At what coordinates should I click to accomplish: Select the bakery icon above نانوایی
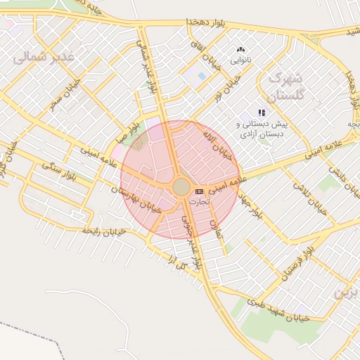pyautogui.click(x=241, y=50)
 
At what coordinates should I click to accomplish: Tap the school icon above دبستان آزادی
pyautogui.click(x=262, y=112)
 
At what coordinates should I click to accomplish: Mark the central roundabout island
pyautogui.click(x=181, y=186)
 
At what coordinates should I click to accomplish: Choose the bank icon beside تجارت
pyautogui.click(x=199, y=191)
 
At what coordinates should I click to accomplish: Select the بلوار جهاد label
pyautogui.click(x=250, y=203)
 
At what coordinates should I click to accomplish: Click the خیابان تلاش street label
pyautogui.click(x=317, y=199)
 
